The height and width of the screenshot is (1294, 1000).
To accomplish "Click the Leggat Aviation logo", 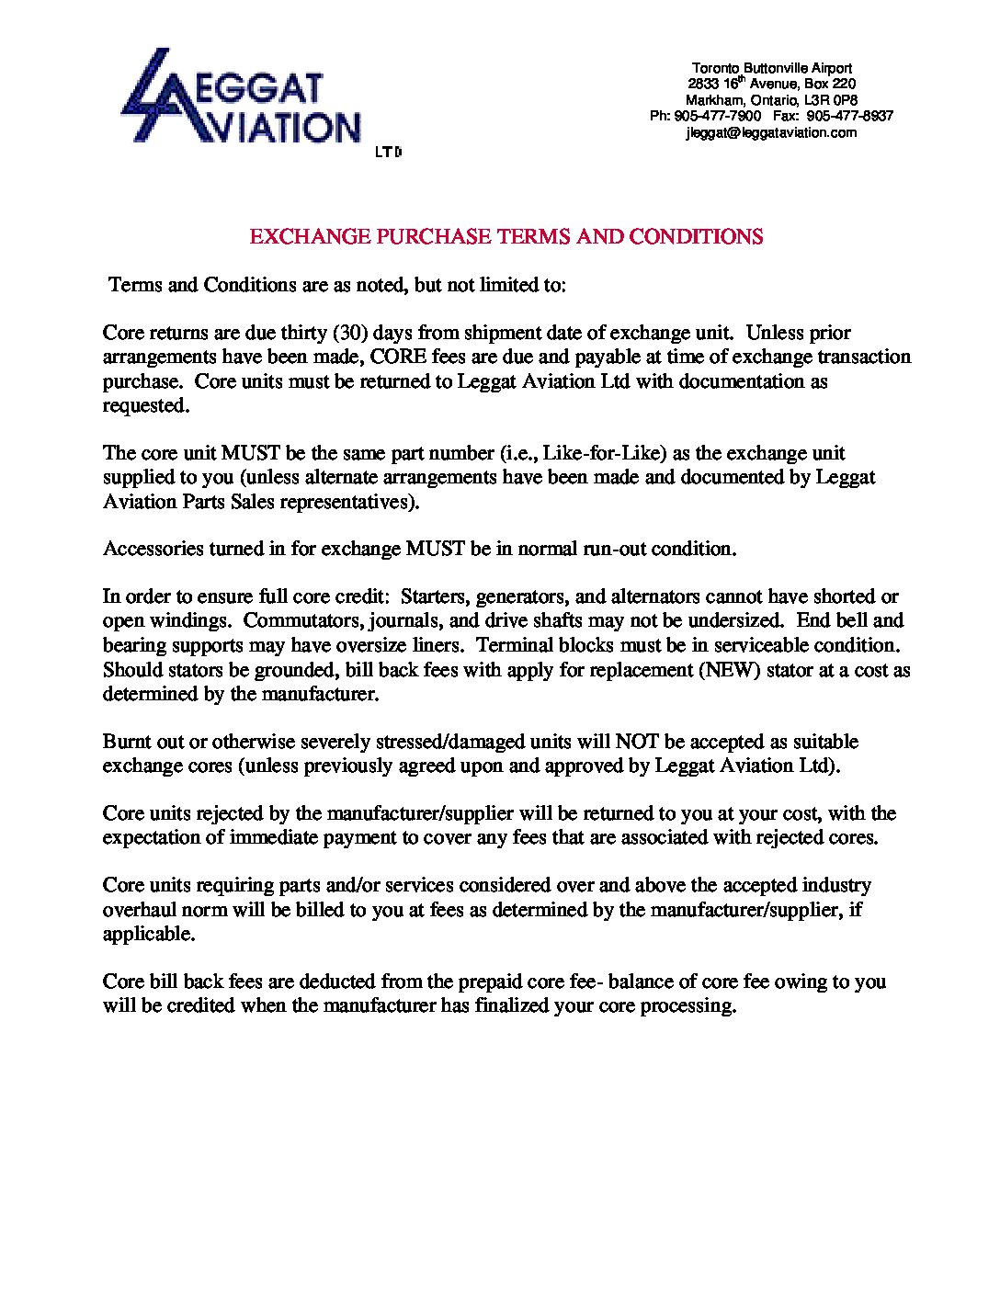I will coord(241,98).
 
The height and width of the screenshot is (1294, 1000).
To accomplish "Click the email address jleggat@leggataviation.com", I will coord(771,132).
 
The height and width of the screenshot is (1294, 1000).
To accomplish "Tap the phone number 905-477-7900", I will coord(718,116).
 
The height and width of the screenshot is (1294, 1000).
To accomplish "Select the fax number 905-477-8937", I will coord(850,116).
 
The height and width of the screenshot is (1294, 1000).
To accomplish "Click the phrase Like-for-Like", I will coord(599,453).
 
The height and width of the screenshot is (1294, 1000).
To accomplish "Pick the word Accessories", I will coord(153,550).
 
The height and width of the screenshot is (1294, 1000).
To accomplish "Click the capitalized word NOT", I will coord(636,742).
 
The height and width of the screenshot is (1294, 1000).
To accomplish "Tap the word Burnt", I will coord(125,742).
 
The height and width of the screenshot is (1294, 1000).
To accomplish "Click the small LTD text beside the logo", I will coord(389,153).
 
